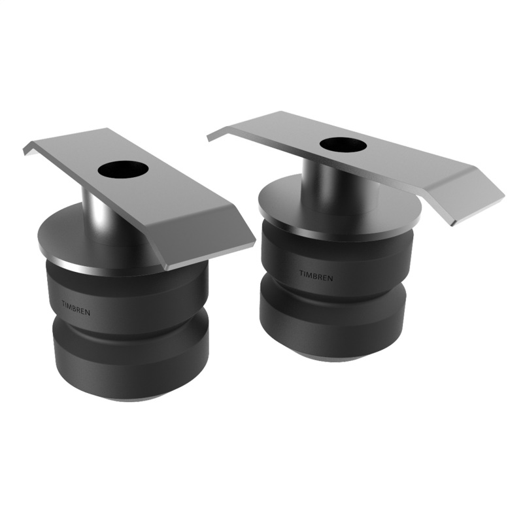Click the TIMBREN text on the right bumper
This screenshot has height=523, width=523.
316,277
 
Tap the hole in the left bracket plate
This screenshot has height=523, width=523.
123,169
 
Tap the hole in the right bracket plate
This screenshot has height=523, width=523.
342,144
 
